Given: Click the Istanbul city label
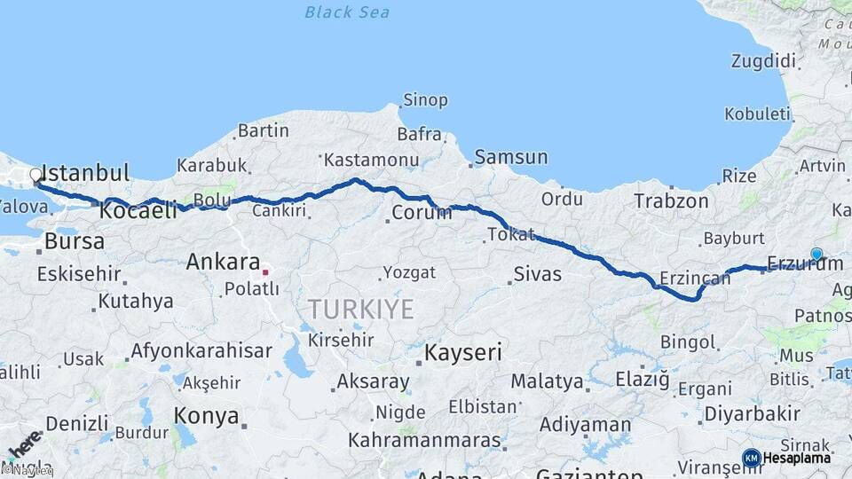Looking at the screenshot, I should pyautogui.click(x=86, y=172).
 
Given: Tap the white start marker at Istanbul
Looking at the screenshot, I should pyautogui.click(x=36, y=175).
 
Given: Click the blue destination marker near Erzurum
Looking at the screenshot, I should pyautogui.click(x=816, y=254).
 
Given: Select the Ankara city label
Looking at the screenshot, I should pyautogui.click(x=222, y=263).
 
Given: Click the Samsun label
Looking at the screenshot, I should pyautogui.click(x=511, y=157).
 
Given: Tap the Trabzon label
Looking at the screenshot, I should pyautogui.click(x=671, y=201).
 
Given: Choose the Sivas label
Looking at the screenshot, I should pyautogui.click(x=538, y=273).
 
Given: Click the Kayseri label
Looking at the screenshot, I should pyautogui.click(x=462, y=352).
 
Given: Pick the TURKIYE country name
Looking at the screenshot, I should pyautogui.click(x=361, y=310).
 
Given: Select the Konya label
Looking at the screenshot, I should pyautogui.click(x=206, y=415).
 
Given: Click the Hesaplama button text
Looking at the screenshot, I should pyautogui.click(x=797, y=458).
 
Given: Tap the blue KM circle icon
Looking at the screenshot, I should pyautogui.click(x=751, y=458).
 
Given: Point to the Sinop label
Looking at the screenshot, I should pyautogui.click(x=425, y=100).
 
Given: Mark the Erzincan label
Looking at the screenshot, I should pyautogui.click(x=695, y=277).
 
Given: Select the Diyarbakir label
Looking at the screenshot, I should pyautogui.click(x=751, y=413).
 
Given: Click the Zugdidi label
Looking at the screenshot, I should pyautogui.click(x=762, y=61).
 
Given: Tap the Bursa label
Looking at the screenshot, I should pyautogui.click(x=74, y=240).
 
